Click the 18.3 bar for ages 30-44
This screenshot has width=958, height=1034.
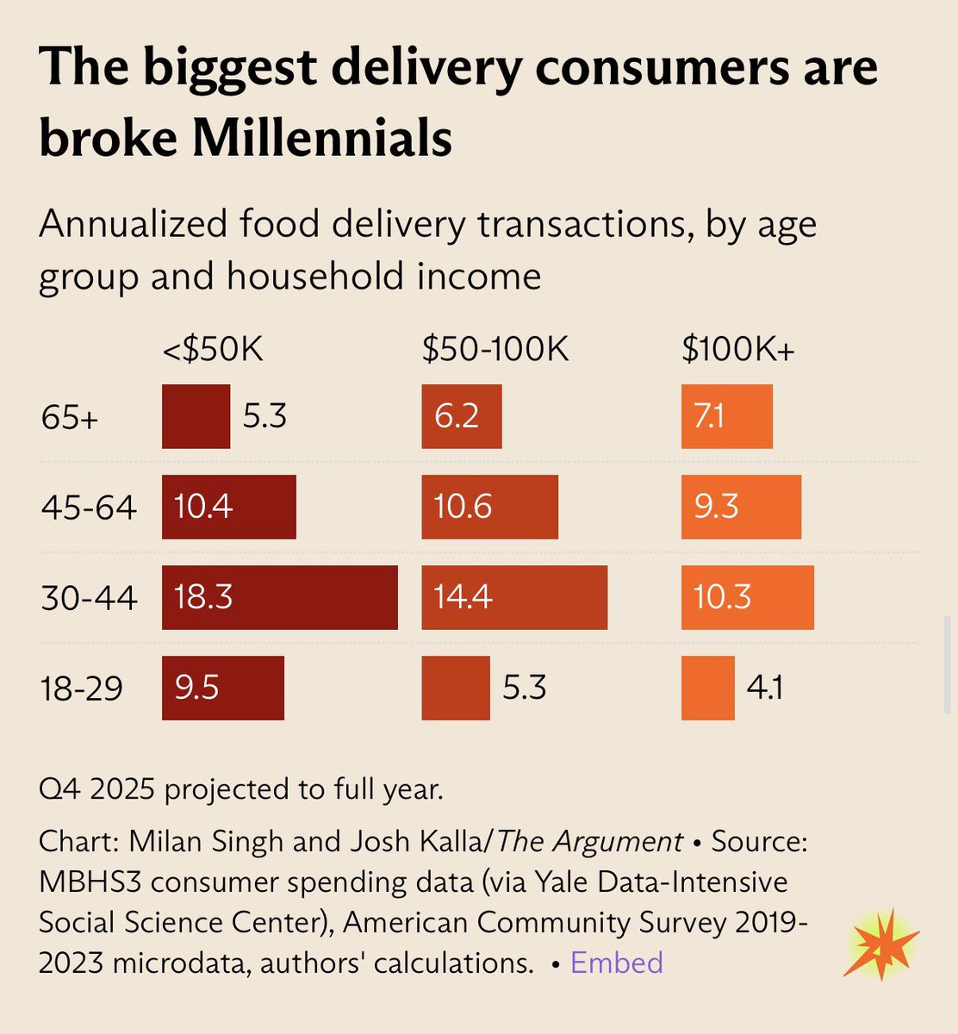coord(279,597)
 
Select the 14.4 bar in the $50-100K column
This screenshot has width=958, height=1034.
coord(514,597)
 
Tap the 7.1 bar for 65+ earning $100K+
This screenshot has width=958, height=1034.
coord(726,417)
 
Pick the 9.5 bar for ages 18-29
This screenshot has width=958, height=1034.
coord(222,688)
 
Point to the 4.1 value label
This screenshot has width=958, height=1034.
coord(765,688)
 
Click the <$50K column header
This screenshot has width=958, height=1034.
coord(212,350)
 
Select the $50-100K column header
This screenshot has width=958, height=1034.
coord(495,350)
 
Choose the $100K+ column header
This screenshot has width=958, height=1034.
coord(737,350)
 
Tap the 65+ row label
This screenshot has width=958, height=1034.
coord(70,419)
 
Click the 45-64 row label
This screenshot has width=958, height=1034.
coord(89,508)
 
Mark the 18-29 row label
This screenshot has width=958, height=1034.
coord(82,688)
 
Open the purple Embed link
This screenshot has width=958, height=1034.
coord(617,962)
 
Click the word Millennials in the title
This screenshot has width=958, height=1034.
coord(322,138)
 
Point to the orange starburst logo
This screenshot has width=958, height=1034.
coord(880,944)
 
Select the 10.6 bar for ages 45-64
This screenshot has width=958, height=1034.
coord(489,507)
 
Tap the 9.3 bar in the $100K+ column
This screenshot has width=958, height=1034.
coord(741,507)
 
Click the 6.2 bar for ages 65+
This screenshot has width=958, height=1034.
coord(461,417)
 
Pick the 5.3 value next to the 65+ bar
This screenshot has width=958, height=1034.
coord(264,417)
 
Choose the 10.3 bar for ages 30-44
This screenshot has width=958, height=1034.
coord(747,597)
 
